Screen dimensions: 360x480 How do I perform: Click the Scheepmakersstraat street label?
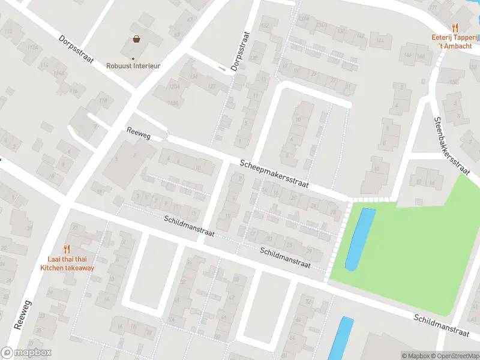click(274, 174)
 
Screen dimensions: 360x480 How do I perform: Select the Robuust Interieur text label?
click(133, 66)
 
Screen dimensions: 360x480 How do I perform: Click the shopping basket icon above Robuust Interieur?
click(137, 40)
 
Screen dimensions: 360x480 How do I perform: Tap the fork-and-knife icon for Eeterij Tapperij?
click(455, 27)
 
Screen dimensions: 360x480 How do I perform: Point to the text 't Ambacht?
click(455, 46)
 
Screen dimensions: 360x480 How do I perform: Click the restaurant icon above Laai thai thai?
click(67, 249)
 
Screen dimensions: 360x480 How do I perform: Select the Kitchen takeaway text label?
click(67, 268)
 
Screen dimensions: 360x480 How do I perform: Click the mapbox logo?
click(26, 353)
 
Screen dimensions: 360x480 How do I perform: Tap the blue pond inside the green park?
click(361, 238)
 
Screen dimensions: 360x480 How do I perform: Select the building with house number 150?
click(454, 81)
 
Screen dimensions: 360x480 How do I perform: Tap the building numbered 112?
click(8, 31)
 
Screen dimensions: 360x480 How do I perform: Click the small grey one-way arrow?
click(223, 70)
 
